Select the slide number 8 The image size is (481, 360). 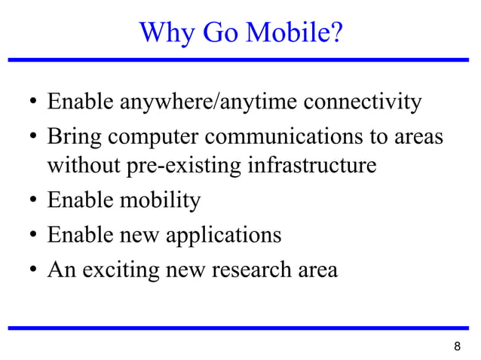457,347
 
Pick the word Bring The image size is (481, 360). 75,139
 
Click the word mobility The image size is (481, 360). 164,201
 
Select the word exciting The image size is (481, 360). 121,270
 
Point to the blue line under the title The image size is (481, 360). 240,59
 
